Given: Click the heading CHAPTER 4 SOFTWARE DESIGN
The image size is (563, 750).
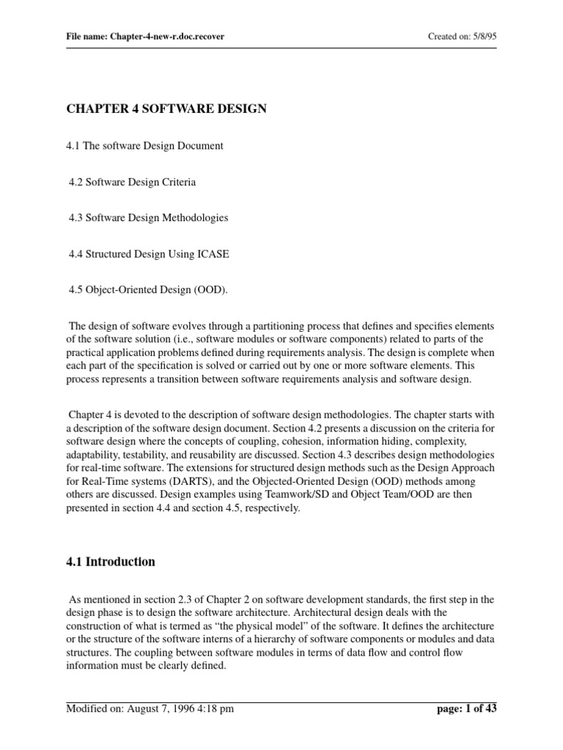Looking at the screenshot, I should tap(166, 109).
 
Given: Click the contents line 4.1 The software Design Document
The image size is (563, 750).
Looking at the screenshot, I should tap(144, 146).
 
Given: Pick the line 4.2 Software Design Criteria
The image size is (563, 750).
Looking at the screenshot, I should tap(132, 182).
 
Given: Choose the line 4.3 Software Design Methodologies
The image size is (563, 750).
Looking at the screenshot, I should tap(148, 218).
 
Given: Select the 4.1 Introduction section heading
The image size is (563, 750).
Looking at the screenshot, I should tap(111, 562).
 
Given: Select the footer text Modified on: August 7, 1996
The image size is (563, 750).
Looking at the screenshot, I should tap(130, 708).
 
